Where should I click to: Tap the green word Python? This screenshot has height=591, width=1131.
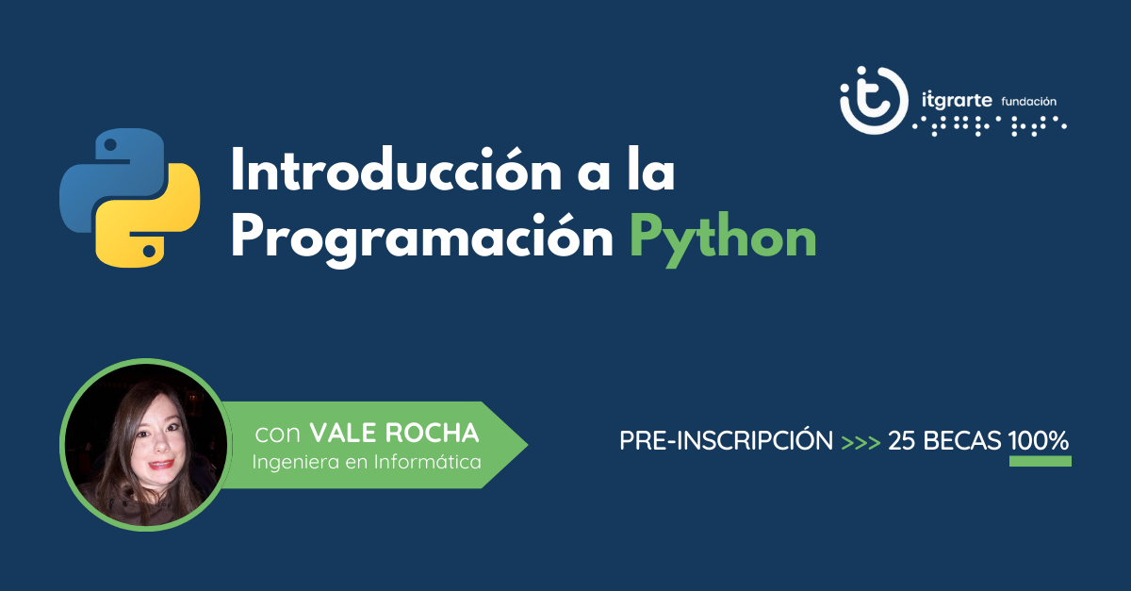[x=722, y=238]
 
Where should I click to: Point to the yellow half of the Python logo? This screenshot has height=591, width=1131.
[x=151, y=222]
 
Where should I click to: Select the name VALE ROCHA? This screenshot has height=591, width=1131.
[x=394, y=434]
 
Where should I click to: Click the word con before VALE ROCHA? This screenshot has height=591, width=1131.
[x=278, y=434]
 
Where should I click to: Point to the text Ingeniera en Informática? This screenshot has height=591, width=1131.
[x=367, y=462]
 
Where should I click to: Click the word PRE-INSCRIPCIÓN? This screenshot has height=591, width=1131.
[x=726, y=440]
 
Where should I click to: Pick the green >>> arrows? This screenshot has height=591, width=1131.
[x=861, y=440]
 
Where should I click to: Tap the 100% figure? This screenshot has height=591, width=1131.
[x=1039, y=440]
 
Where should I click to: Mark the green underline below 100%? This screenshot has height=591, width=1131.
[x=1040, y=461]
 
